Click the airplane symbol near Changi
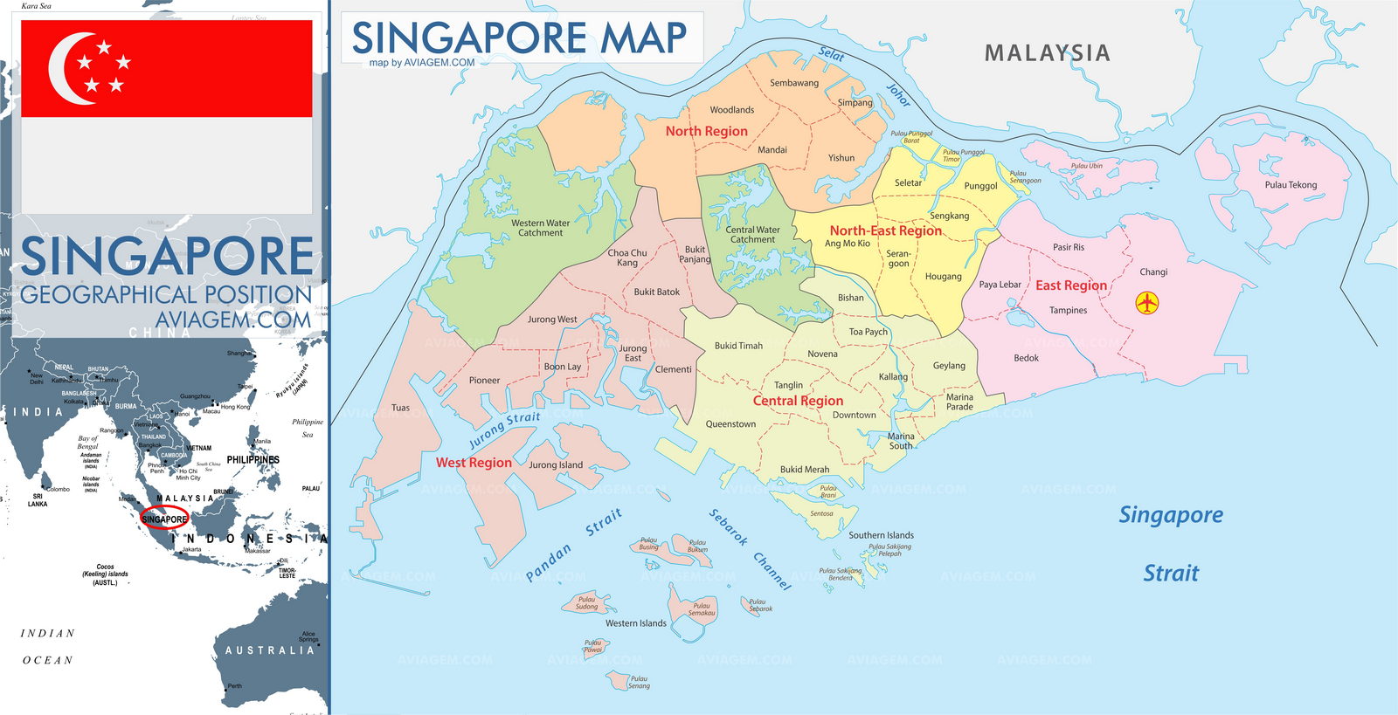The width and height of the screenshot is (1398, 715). click(1146, 303)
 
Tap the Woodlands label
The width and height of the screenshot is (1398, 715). click(731, 110)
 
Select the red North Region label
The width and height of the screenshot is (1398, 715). click(706, 131)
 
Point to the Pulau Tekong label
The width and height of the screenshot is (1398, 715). click(1290, 185)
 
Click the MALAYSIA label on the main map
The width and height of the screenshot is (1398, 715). click(1047, 53)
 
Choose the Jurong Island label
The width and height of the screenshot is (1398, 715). click(555, 465)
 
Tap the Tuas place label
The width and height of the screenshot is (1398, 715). click(400, 408)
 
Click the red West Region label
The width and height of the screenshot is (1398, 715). click(474, 463)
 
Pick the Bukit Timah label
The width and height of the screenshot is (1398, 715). click(738, 346)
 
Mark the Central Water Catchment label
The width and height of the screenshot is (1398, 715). click(752, 235)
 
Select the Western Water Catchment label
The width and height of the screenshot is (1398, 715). click(540, 228)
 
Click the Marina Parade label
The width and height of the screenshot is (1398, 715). click(959, 402)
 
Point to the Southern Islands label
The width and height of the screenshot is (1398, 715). click(881, 535)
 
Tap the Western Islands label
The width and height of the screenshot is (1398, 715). click(635, 623)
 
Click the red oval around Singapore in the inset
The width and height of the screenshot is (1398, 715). click(164, 518)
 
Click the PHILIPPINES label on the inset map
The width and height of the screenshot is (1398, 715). click(253, 459)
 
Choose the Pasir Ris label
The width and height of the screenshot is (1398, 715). click(1068, 247)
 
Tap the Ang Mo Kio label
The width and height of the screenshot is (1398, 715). click(847, 244)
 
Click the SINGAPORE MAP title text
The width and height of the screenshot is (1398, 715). click(519, 38)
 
